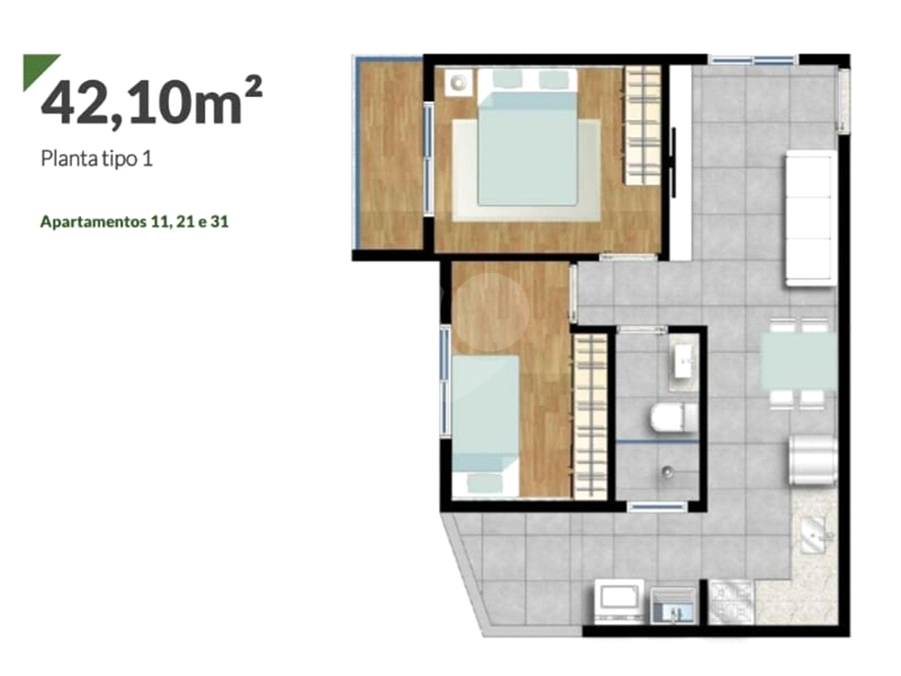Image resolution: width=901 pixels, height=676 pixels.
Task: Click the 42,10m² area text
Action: pos(151,100)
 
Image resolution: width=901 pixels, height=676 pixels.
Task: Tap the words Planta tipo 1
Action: pos(97,158)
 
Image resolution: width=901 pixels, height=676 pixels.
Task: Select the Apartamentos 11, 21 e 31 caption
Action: pos(135,222)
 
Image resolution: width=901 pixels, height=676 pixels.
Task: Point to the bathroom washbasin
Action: pos(685,361)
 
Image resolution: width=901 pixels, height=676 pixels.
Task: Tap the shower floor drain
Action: pos(667,473)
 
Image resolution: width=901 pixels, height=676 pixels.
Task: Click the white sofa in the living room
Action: pos(810,218)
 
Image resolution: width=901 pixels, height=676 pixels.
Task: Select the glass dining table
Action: pos(799,362)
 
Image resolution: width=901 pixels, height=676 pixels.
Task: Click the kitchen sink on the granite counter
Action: pos(815,535)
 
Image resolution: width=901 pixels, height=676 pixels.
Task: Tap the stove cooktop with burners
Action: pos(731,602)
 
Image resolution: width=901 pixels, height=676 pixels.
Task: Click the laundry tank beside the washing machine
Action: pos(673,606)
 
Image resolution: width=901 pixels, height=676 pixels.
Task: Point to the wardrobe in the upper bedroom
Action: pos(642,125)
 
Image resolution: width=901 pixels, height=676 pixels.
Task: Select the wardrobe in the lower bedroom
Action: pos(590,416)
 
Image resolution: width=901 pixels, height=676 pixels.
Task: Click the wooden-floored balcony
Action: pos(389,154)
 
